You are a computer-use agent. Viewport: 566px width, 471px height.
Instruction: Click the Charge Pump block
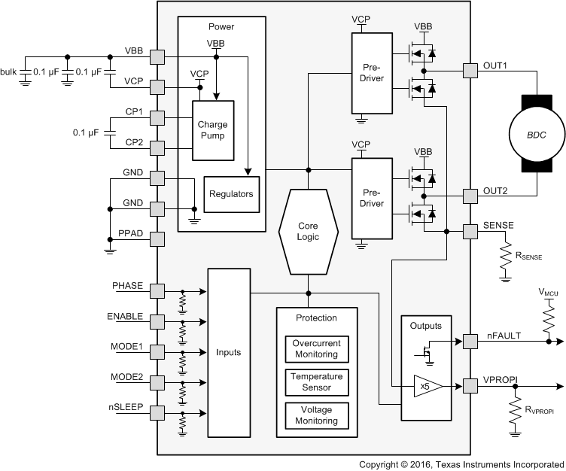[x=212, y=131]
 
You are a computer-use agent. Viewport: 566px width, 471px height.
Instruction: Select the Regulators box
[x=232, y=194]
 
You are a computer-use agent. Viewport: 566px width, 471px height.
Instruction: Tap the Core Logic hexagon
[x=308, y=230]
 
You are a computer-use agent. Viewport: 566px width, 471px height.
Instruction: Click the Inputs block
[x=229, y=351]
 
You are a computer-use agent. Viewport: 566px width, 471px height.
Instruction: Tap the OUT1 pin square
[x=470, y=71]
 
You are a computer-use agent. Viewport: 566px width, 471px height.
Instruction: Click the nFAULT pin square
[x=470, y=340]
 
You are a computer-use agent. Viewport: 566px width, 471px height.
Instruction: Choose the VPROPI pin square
[x=470, y=386]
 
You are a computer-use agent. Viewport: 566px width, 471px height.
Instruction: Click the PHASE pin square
[x=157, y=291]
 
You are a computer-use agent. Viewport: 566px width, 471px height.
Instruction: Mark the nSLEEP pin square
[x=157, y=412]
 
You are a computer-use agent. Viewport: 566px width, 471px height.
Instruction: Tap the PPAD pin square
[x=157, y=239]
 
